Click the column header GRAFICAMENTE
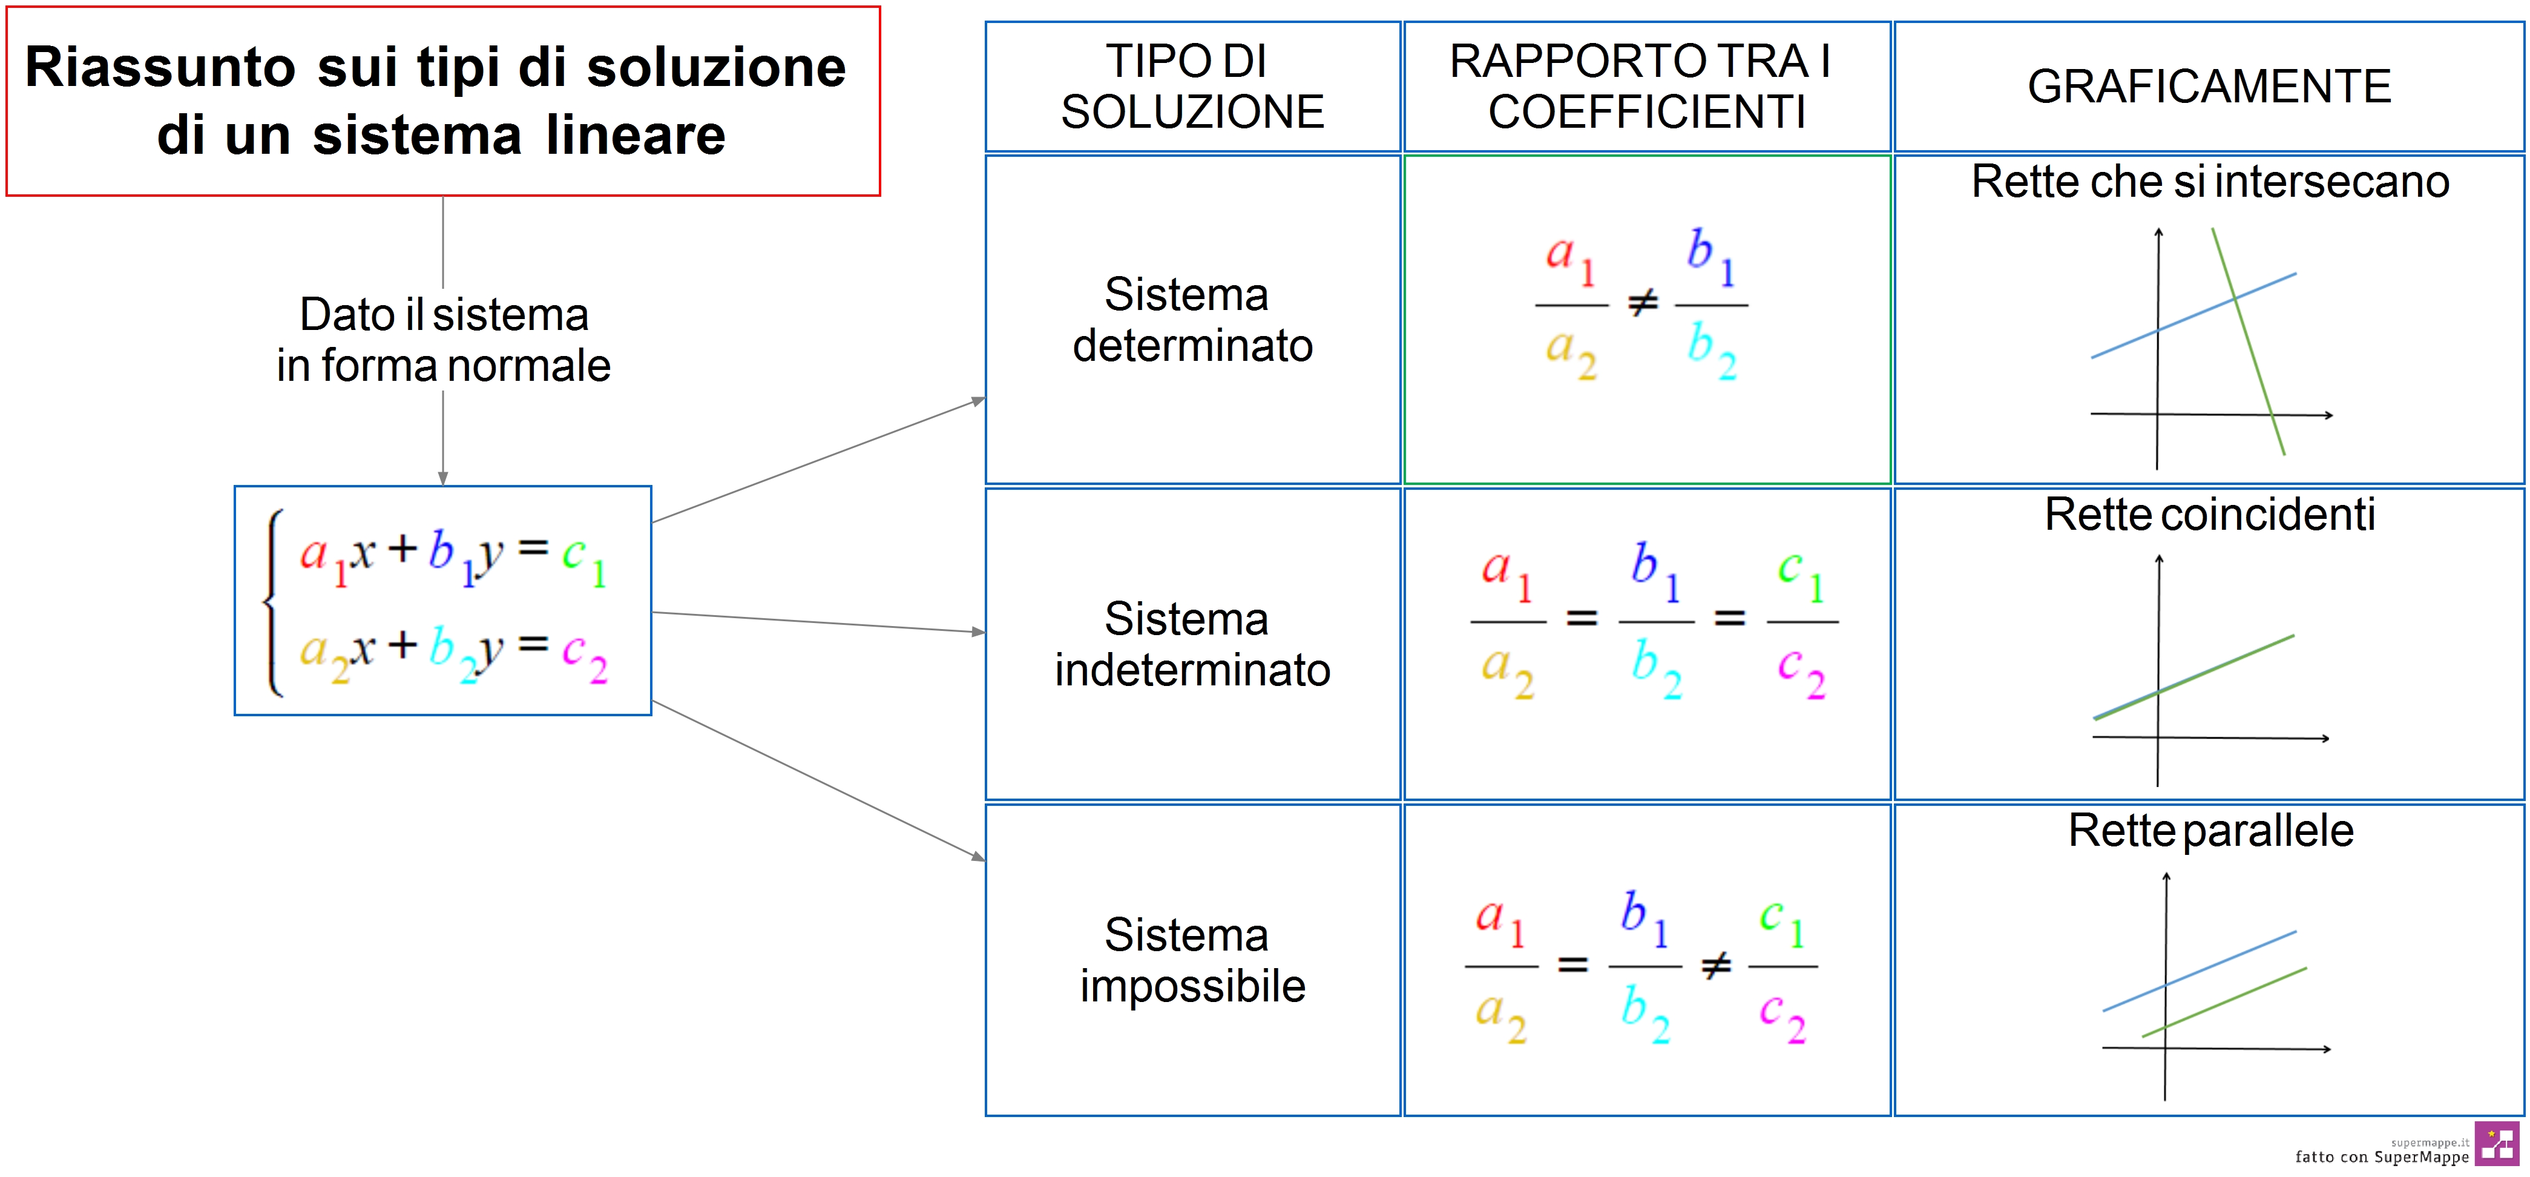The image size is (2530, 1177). (x=2209, y=87)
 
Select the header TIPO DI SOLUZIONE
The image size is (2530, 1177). (x=1192, y=87)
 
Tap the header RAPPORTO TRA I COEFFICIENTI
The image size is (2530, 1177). (x=1646, y=87)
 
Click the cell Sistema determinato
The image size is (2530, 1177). (x=1192, y=319)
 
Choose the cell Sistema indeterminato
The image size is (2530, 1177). (x=1192, y=644)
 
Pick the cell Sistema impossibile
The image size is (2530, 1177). (x=1192, y=960)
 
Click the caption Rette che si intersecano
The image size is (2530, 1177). (x=2210, y=182)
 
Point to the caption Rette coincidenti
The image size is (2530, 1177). (x=2210, y=514)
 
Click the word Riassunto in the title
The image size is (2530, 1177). (x=160, y=68)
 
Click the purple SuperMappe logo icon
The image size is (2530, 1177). (x=2497, y=1144)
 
